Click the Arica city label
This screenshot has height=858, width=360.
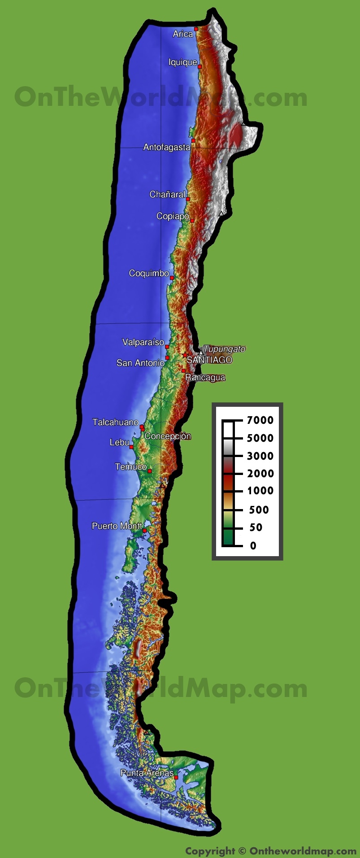(183, 34)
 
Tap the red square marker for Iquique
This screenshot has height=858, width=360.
(200, 67)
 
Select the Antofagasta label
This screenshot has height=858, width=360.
(166, 147)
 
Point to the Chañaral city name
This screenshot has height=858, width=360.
(167, 194)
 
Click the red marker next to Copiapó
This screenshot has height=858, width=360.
(192, 221)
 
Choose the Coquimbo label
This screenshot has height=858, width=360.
(149, 273)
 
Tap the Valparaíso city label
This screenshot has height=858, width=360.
(143, 342)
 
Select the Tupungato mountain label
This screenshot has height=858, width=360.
(224, 349)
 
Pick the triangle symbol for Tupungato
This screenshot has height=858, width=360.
(200, 353)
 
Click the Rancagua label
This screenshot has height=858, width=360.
(205, 377)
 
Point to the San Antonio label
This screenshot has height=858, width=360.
(140, 363)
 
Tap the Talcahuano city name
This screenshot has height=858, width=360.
(115, 422)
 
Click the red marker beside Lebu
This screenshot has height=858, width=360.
(131, 447)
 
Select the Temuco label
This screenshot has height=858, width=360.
(130, 467)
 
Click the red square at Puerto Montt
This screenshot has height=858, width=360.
(144, 531)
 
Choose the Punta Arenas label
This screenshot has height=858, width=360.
(147, 773)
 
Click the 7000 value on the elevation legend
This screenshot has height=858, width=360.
(260, 420)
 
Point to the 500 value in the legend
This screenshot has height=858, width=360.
(259, 510)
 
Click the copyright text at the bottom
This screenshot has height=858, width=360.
(271, 851)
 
